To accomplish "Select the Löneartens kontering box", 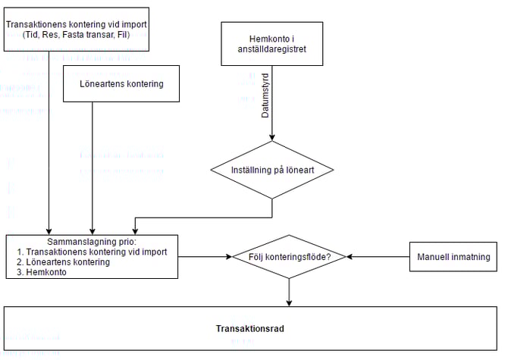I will coord(121,83).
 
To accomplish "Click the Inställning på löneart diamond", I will coord(272,170).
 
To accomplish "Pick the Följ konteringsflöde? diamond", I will coord(290,257).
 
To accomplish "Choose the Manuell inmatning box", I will coord(453,257).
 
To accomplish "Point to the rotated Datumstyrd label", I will coord(265,95).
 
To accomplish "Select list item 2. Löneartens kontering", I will coord(64,262).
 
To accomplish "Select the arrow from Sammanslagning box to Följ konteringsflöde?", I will coord(205,257).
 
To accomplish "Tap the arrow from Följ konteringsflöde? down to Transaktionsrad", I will coord(290,291).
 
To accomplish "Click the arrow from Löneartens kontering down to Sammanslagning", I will coord(92,167).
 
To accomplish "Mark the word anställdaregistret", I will coord(271,51).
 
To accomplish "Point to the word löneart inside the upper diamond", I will coord(298,171).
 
